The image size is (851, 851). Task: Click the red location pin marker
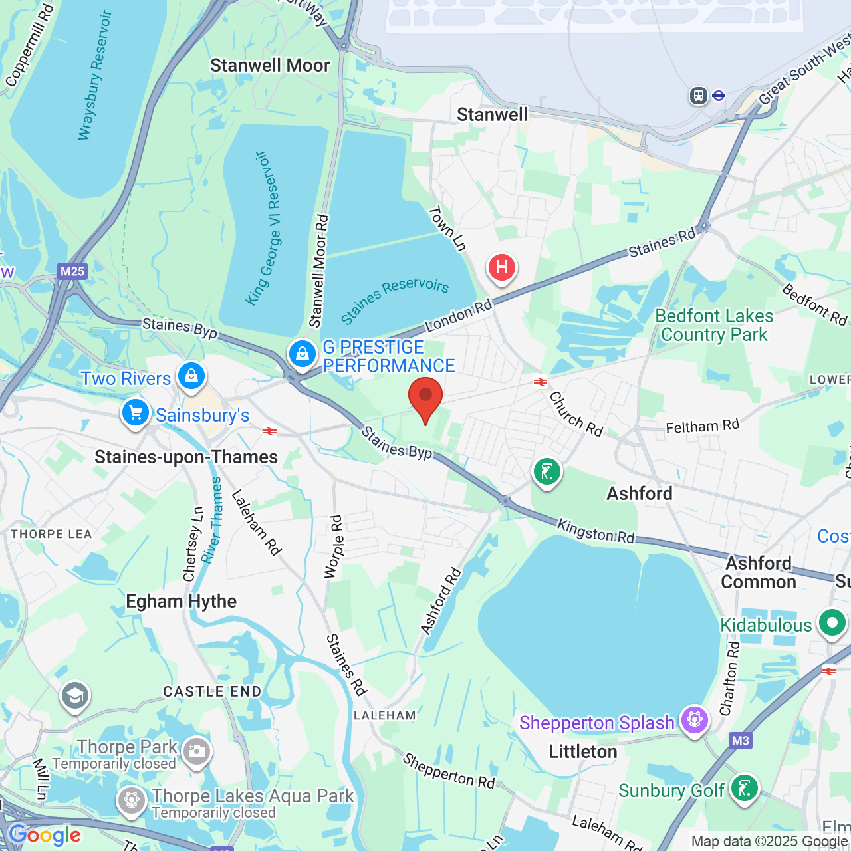[x=425, y=397]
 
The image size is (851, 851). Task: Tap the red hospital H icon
[x=502, y=268]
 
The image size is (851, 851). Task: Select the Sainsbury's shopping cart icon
[x=136, y=413]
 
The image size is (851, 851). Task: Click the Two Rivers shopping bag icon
[x=191, y=376]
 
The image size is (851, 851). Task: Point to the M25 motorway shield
[x=72, y=271]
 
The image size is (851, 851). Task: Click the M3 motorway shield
[x=740, y=741]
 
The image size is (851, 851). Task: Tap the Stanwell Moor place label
[x=270, y=65]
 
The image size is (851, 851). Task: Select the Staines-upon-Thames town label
[x=186, y=457]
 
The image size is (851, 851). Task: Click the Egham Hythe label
[x=181, y=601]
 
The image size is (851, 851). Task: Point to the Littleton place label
[x=582, y=751]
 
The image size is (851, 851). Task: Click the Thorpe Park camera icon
[x=196, y=751]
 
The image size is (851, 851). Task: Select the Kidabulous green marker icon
[x=832, y=624]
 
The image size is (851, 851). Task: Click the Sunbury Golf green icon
[x=743, y=789]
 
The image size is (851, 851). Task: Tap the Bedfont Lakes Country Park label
[x=714, y=325]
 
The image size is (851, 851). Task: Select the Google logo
[x=45, y=835]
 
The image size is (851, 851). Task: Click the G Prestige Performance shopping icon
[x=303, y=354]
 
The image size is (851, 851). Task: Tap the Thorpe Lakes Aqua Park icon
[x=132, y=800]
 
